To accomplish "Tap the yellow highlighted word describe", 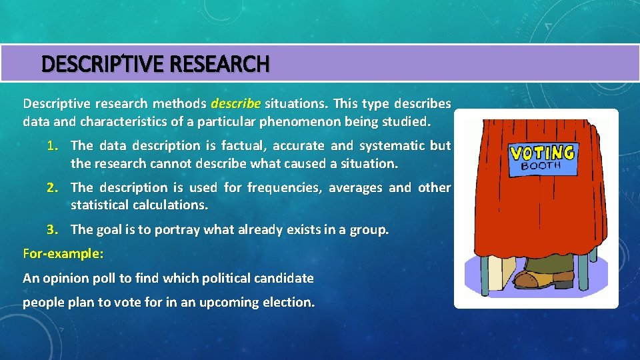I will [235, 103].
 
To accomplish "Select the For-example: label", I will [63, 254].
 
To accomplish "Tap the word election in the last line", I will [285, 302].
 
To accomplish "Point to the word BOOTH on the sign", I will [541, 166].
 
